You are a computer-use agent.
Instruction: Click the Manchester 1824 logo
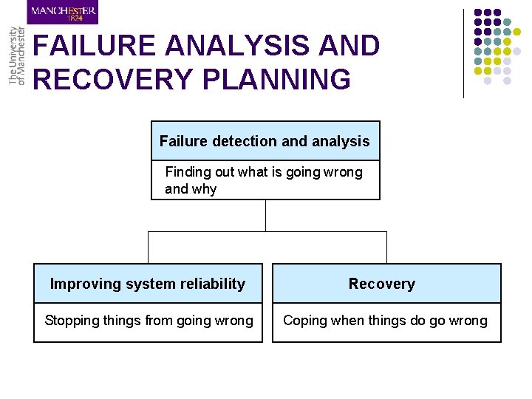(63, 13)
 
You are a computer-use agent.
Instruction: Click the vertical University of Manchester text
(16, 56)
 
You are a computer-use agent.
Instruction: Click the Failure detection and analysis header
(265, 141)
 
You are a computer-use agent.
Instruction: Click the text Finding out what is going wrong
(264, 172)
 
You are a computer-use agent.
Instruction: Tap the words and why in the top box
(191, 189)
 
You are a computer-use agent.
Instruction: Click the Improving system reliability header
(147, 284)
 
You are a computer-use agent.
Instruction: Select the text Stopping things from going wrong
(149, 321)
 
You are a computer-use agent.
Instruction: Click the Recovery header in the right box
(382, 284)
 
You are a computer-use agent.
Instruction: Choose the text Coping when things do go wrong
(385, 321)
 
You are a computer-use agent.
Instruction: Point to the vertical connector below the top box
(265, 215)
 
